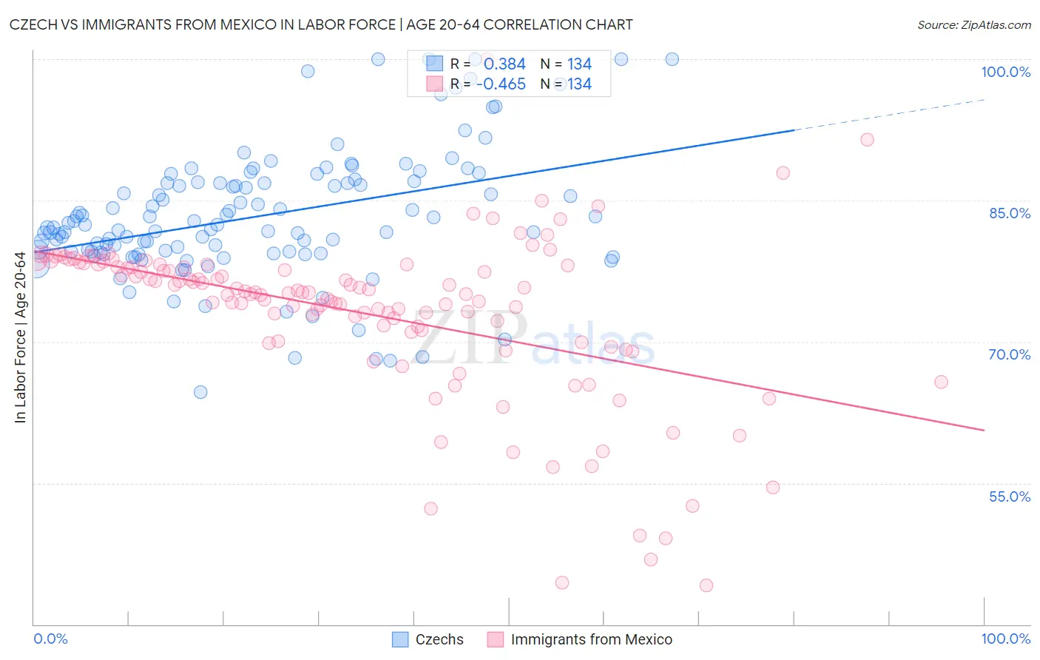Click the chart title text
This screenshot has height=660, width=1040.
point(321,24)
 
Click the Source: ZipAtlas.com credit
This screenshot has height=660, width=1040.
point(973,24)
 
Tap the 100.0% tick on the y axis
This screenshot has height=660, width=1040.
point(1005,72)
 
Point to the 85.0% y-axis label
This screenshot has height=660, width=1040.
point(1009,213)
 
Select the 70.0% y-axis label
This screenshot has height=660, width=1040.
point(1009,354)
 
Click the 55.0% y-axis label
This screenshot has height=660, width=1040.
point(1009,496)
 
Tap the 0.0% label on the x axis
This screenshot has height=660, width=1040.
point(50,639)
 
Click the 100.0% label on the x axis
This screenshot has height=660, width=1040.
point(1005,639)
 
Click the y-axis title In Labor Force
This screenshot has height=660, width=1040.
point(20,337)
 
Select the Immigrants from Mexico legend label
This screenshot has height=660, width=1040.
point(591,639)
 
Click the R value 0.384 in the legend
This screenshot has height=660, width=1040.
point(504,64)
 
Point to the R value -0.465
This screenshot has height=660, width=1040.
point(501,84)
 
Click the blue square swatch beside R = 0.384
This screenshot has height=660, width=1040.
point(434,64)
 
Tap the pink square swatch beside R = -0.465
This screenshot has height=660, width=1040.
point(434,84)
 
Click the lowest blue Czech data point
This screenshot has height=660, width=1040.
point(200,392)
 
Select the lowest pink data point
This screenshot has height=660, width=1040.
point(706,585)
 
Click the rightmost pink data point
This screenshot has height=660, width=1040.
point(941,382)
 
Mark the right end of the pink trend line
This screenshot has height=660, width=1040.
point(984,430)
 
